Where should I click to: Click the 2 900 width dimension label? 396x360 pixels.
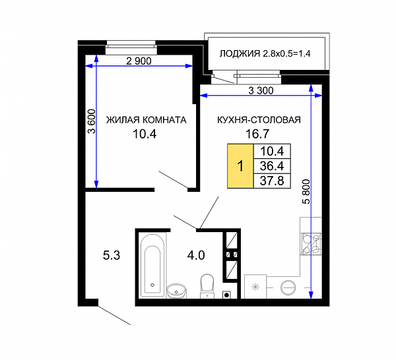(x=139, y=61)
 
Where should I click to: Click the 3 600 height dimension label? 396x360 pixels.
(x=92, y=121)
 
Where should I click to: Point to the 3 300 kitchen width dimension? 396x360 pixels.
(x=261, y=90)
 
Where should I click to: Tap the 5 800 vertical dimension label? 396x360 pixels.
(x=306, y=191)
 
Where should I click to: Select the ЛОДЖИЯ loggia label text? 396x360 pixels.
(x=240, y=53)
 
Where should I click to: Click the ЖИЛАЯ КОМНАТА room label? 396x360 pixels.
(x=147, y=120)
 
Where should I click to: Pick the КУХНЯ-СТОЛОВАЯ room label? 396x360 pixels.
(x=259, y=120)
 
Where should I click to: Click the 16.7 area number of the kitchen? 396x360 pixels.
(x=257, y=134)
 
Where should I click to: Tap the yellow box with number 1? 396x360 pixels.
(x=240, y=166)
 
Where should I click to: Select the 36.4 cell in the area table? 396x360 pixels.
(x=272, y=166)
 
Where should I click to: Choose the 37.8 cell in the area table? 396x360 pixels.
(x=272, y=181)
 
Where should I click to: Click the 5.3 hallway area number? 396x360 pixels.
(x=112, y=255)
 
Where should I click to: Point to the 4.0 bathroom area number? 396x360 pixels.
(x=196, y=255)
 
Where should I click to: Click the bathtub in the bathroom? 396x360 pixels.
(x=152, y=265)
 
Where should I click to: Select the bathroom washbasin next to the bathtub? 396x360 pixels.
(x=176, y=291)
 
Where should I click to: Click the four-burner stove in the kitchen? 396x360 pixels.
(x=312, y=243)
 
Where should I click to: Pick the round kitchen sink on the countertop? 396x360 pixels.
(x=288, y=287)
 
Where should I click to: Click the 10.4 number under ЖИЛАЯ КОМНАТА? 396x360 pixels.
(x=145, y=134)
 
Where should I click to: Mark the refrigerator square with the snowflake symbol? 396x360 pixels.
(x=255, y=287)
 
